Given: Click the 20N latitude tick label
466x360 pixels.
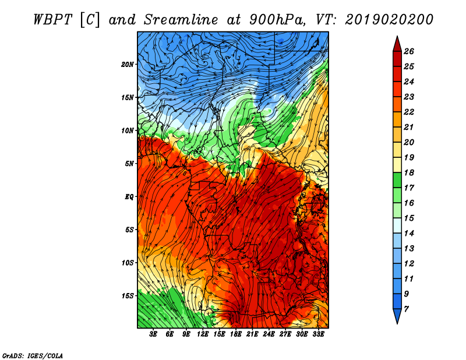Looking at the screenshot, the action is point(127,65).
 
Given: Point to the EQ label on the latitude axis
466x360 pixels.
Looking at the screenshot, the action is point(129,197).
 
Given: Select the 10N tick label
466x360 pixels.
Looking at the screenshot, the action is point(127,130).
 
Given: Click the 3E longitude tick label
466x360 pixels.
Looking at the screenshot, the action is point(153,334).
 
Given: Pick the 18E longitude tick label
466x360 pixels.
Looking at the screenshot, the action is point(236,334).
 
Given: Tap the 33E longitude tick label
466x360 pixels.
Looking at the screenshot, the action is point(318,334).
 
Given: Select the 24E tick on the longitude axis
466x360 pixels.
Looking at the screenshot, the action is point(269,334).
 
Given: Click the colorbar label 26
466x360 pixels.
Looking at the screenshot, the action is point(409,51).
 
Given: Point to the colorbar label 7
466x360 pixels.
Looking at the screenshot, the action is point(406,309).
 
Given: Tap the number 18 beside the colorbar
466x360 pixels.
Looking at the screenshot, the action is point(409,172).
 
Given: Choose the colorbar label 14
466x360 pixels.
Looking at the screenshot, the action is point(409,234).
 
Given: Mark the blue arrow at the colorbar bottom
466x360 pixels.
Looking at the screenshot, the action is point(397,316).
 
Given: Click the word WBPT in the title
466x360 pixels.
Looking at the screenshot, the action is point(53,20).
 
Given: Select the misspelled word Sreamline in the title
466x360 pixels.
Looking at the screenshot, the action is point(181,20).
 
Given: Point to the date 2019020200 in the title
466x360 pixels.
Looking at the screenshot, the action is point(389,20).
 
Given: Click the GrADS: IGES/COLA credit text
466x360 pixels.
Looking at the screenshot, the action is point(33,355).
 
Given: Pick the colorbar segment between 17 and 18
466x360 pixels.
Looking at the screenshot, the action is point(397,180).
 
